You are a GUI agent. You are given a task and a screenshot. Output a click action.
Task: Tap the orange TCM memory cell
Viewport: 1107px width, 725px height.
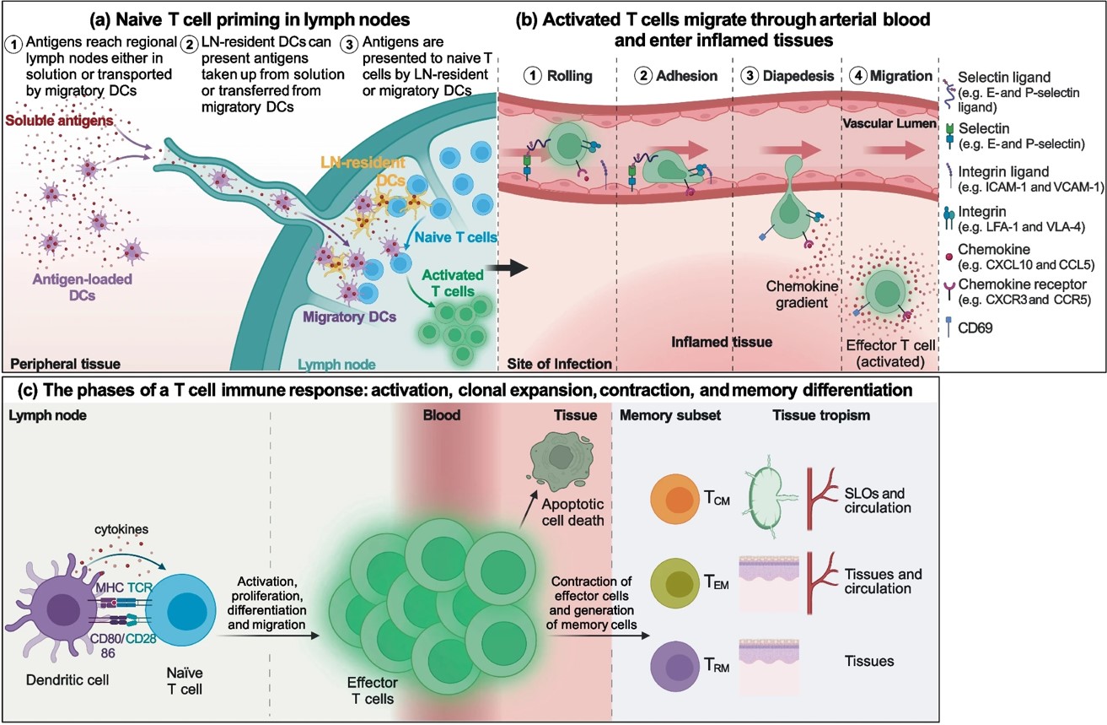click(x=675, y=498)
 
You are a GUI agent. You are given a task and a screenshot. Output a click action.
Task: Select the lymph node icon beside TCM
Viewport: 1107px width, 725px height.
click(x=771, y=498)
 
